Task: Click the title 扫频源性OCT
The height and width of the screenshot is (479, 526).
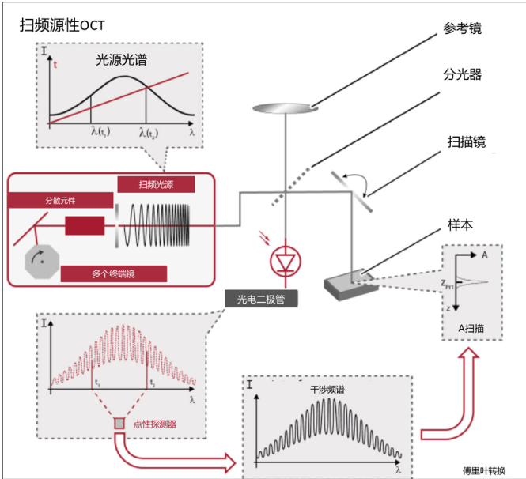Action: point(62,25)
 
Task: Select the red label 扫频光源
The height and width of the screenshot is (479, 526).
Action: point(156,184)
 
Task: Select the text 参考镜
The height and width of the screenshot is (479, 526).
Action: point(463,28)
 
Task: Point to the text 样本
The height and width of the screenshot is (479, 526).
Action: point(460,224)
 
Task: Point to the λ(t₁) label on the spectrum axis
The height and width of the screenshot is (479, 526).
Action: point(100,134)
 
